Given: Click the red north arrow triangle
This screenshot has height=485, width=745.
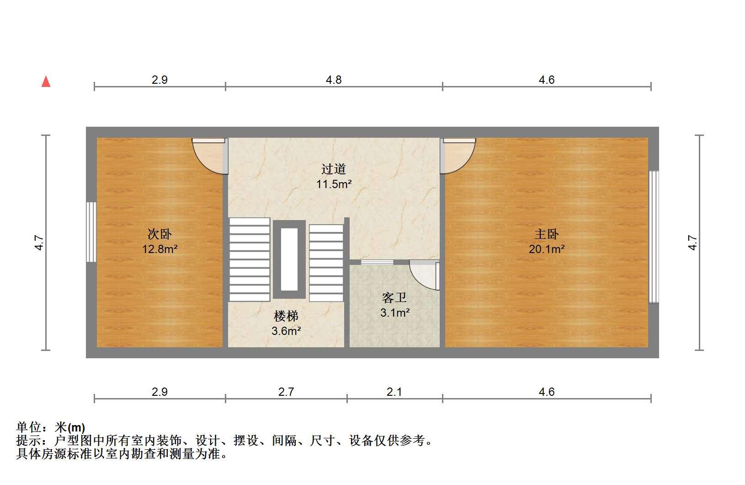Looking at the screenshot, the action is point(46,81).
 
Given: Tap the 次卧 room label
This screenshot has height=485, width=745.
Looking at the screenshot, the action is point(160,234).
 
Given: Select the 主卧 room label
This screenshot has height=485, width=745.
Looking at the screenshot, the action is point(547,234).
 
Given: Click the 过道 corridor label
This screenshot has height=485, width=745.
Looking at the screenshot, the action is point(334,169).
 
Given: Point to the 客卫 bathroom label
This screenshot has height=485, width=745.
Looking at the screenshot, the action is point(394,297).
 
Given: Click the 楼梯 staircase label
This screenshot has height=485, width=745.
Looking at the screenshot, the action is point(286,316).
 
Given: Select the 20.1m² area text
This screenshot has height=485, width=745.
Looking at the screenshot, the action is point(547,249).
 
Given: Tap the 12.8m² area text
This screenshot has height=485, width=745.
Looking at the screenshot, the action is point(160,249).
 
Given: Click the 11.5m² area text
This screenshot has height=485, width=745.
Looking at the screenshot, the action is point(334,184).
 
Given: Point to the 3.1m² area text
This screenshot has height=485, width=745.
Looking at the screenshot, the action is point(395,313).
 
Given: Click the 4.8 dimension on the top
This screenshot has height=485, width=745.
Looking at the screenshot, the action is point(334,80).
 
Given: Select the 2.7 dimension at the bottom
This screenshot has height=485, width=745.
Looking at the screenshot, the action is point(286,392).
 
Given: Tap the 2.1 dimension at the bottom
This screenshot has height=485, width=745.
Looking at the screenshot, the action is point(394,392).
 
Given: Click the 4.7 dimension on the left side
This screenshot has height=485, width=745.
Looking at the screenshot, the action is point(39,242).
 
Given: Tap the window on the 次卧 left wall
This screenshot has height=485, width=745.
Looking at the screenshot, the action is point(91,232).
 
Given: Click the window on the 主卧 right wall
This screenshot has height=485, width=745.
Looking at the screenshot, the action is point(654,237).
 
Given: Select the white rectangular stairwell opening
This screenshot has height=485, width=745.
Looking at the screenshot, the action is point(289,259).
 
